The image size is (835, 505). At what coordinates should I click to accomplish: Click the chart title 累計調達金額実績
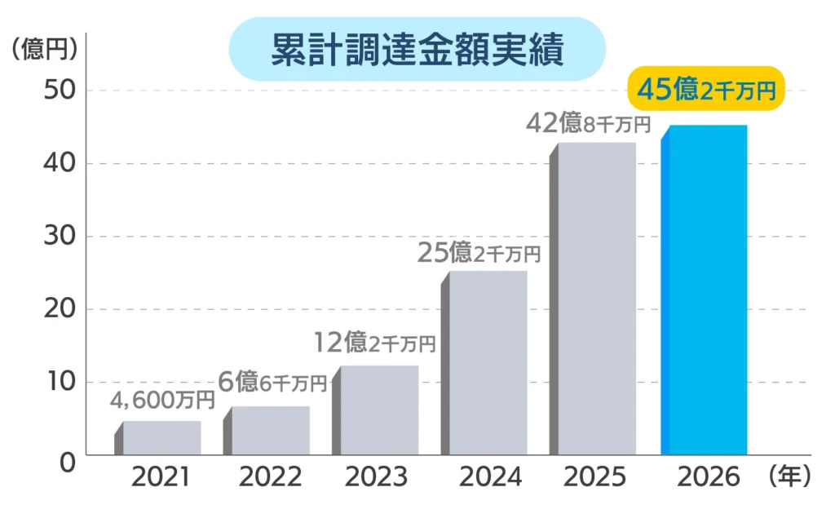tap(417, 51)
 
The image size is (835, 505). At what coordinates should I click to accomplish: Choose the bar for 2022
tap(270, 430)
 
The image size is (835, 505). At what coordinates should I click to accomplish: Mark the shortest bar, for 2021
tap(161, 437)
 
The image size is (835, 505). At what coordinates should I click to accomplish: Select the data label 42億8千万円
tap(588, 124)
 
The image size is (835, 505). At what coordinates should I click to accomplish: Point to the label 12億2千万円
tap(375, 343)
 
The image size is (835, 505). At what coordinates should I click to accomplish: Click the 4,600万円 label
tap(163, 401)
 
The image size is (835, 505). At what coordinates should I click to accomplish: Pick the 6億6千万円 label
tap(272, 382)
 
